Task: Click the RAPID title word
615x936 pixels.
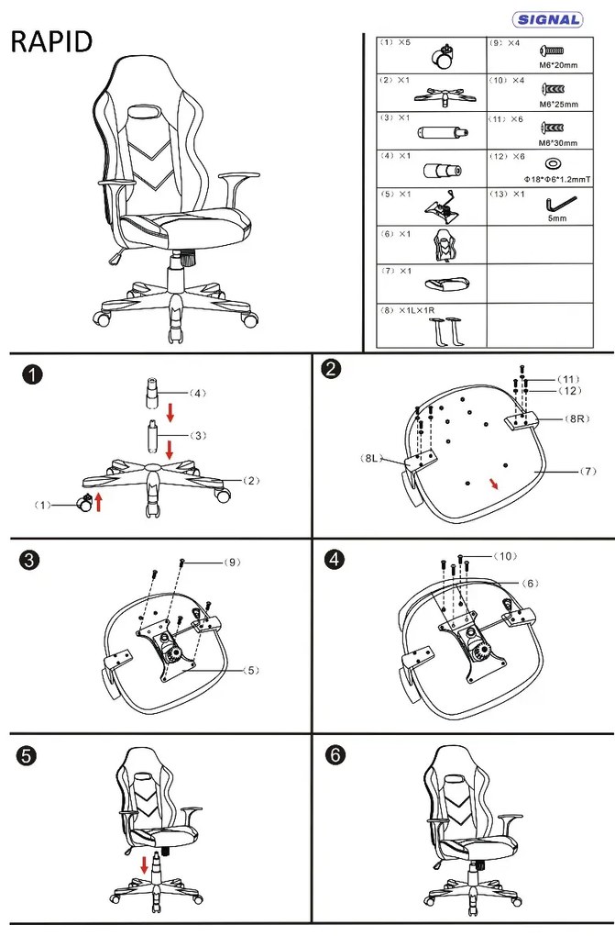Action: tap(51, 43)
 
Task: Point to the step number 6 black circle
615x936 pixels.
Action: tap(335, 754)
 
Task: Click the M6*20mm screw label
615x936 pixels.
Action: tap(558, 65)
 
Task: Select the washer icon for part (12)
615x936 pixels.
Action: tap(554, 162)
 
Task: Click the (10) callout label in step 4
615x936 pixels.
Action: tap(506, 556)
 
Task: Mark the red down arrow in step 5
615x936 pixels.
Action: tap(144, 864)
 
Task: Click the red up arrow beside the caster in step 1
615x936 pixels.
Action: tap(98, 502)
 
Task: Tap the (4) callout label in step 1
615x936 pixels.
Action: tap(196, 393)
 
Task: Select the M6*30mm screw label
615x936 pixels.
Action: tap(558, 141)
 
